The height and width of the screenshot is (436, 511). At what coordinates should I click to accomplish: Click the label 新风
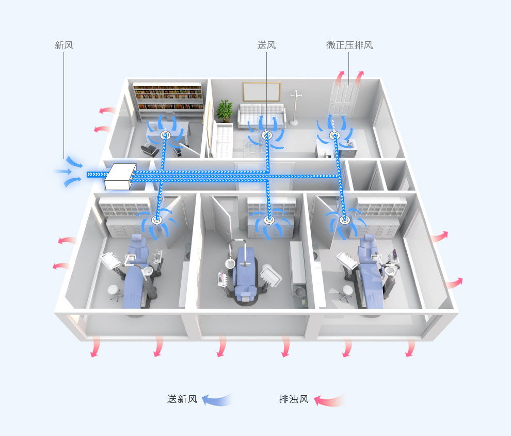pos(64,45)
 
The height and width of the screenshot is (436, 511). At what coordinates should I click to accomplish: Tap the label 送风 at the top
pos(266,45)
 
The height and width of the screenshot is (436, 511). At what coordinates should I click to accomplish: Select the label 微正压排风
pos(349,45)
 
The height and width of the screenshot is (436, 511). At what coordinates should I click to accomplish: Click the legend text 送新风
pos(182,399)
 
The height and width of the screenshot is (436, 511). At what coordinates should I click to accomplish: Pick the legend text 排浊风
pos(294,399)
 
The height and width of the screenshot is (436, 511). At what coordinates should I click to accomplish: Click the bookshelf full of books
pos(168,97)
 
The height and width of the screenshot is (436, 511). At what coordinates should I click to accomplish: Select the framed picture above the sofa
pos(261,92)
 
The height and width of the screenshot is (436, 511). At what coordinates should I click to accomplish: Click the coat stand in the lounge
pos(295,108)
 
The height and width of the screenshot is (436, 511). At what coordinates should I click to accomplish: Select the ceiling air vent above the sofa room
pos(266,135)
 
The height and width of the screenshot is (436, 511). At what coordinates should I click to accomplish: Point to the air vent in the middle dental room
pos(269,220)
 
